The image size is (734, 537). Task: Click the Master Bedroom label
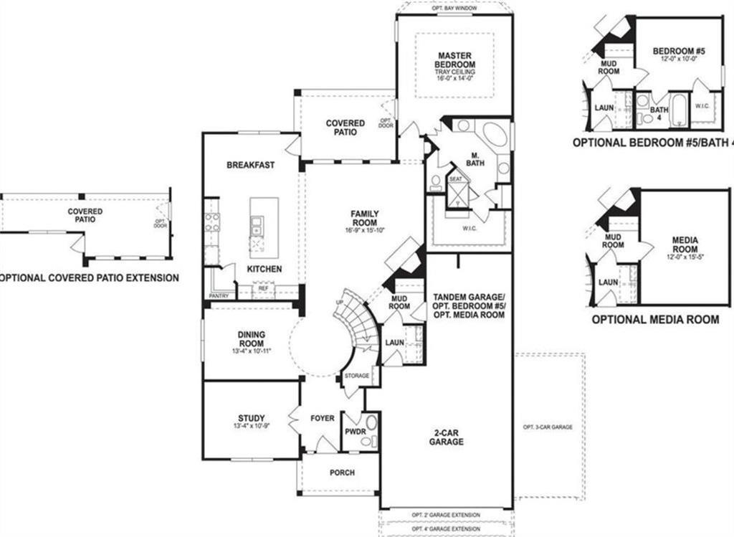click(x=454, y=60)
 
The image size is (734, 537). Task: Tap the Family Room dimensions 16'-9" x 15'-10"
click(x=365, y=231)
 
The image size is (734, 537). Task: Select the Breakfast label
click(x=250, y=165)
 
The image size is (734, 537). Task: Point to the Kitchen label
click(x=264, y=269)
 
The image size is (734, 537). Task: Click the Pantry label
click(x=219, y=295)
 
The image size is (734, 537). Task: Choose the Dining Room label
click(x=252, y=338)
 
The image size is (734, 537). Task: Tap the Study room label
click(x=251, y=418)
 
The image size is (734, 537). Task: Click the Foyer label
click(x=323, y=418)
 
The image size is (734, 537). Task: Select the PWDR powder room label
click(x=353, y=433)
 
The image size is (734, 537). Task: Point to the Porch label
click(x=342, y=472)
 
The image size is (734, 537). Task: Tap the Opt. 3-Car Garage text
click(x=548, y=427)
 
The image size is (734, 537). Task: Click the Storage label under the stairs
click(x=356, y=376)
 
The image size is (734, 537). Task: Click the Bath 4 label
click(x=659, y=113)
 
